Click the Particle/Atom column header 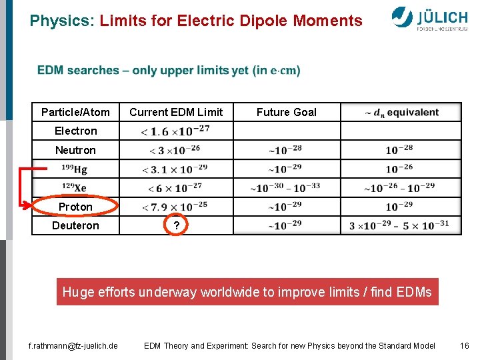click(75, 112)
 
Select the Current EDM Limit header click(176, 112)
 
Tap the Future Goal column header click(287, 112)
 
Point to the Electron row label click(75, 131)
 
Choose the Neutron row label click(75, 150)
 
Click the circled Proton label click(75, 207)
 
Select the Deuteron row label click(75, 225)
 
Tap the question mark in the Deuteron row click(176, 226)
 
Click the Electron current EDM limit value click(176, 131)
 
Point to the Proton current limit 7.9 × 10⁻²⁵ click(176, 207)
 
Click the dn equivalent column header click(401, 112)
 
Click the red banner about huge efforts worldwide click(247, 292)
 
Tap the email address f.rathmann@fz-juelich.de click(73, 345)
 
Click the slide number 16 click(465, 345)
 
